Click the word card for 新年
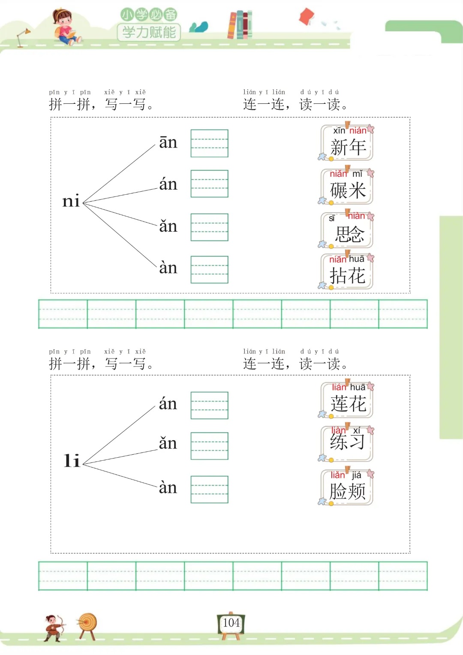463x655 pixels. pyautogui.click(x=347, y=143)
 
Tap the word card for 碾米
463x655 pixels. pyautogui.click(x=347, y=187)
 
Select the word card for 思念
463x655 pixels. pyautogui.click(x=347, y=230)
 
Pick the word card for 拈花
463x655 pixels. pyautogui.click(x=347, y=272)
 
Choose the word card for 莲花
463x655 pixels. pyautogui.click(x=347, y=400)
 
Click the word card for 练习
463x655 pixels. pyautogui.click(x=347, y=444)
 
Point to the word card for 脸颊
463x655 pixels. pyautogui.click(x=347, y=487)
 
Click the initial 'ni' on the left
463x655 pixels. pyautogui.click(x=71, y=201)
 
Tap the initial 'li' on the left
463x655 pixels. pyautogui.click(x=72, y=461)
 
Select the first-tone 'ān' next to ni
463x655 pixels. pyautogui.click(x=168, y=142)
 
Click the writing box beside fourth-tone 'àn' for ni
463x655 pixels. pyautogui.click(x=209, y=270)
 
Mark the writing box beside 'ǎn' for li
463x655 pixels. pyautogui.click(x=209, y=446)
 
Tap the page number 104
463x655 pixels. pyautogui.click(x=231, y=623)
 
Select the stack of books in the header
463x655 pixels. pyautogui.click(x=240, y=25)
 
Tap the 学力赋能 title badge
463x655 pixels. pyautogui.click(x=149, y=32)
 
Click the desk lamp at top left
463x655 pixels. pyautogui.click(x=23, y=37)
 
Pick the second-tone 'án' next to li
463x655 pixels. pyautogui.click(x=168, y=404)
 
